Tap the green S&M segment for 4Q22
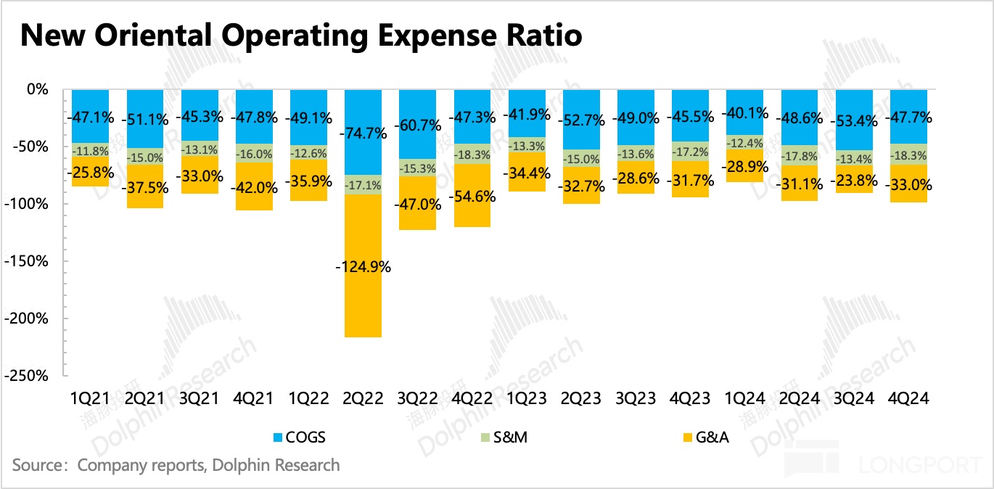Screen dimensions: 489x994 [x=472, y=155]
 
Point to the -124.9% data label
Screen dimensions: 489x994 [x=363, y=266]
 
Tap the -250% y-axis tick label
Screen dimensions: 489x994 [x=25, y=376]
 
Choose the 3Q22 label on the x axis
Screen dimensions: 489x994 [x=417, y=398]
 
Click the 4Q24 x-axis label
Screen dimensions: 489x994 [x=908, y=398]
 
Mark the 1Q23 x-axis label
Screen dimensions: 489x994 [x=526, y=398]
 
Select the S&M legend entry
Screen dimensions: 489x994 [x=507, y=437]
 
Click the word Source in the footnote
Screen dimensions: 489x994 [x=36, y=464]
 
